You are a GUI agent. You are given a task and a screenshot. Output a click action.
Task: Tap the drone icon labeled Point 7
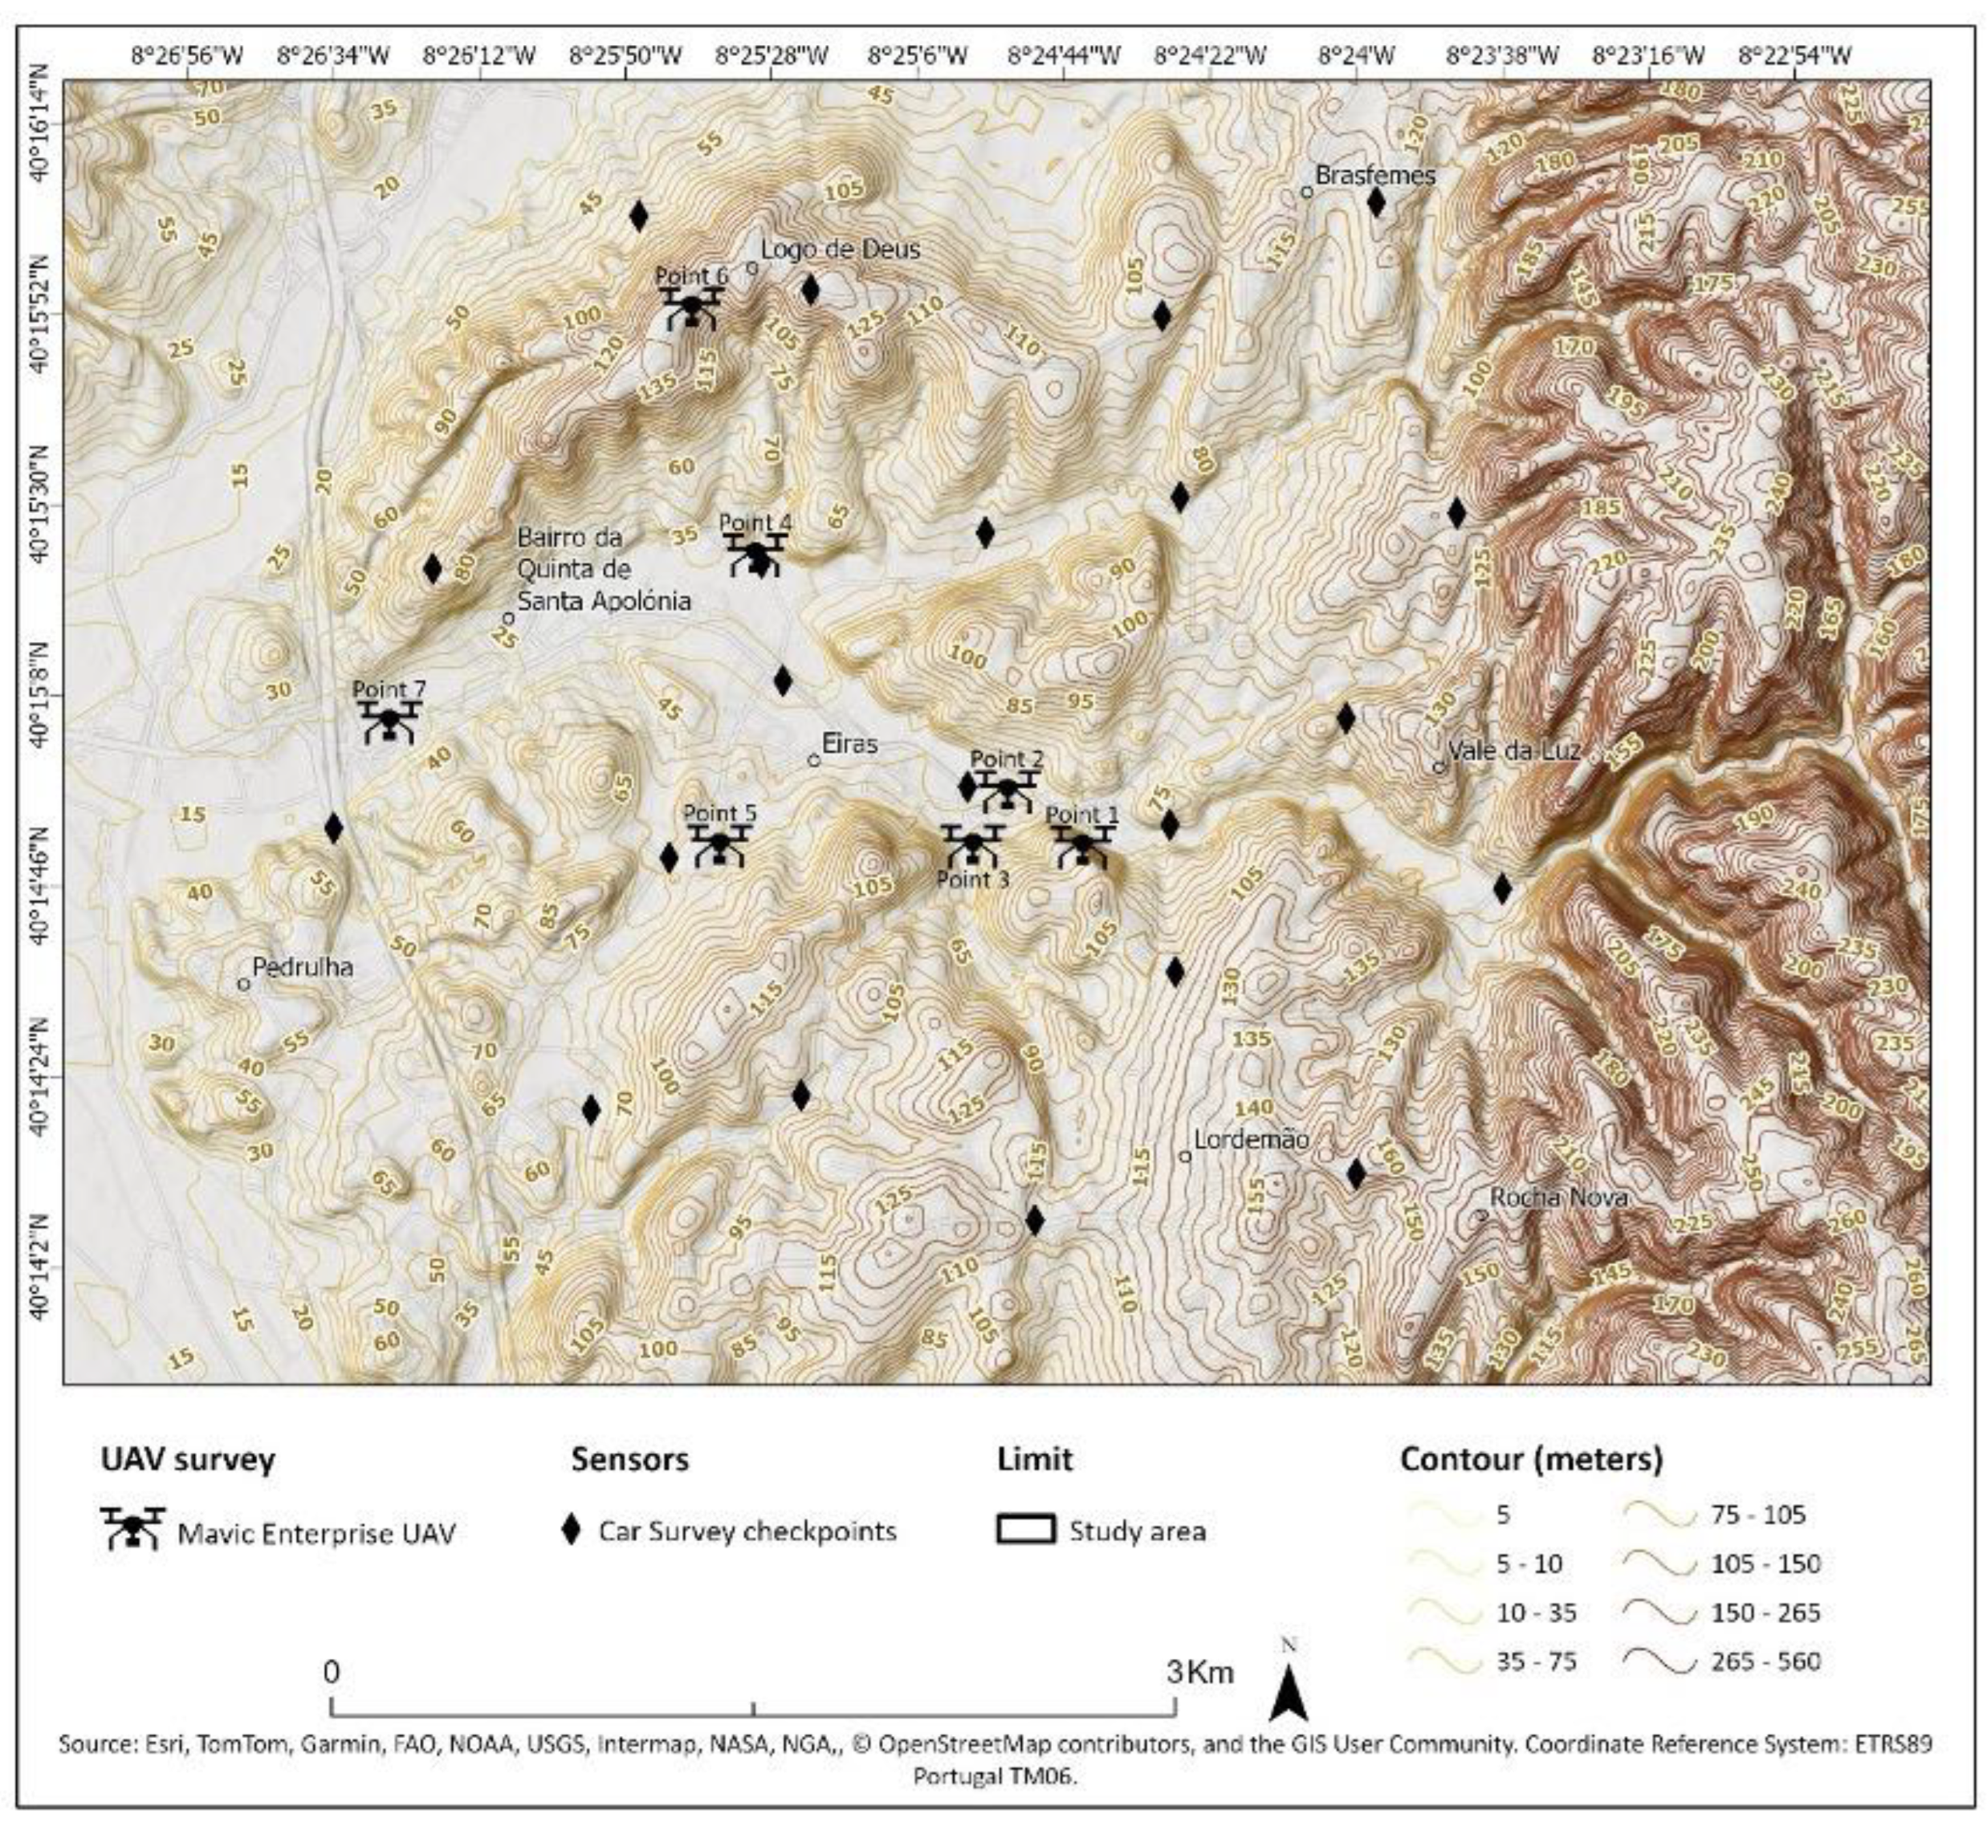[389, 721]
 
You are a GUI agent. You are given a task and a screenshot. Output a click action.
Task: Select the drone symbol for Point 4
[756, 555]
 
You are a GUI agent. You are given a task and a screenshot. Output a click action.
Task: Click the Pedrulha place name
[303, 967]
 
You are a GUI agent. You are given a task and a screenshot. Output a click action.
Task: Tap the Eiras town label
[849, 743]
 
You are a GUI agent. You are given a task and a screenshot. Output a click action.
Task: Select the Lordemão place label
[1252, 1140]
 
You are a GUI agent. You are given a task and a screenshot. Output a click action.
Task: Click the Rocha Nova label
[1558, 1198]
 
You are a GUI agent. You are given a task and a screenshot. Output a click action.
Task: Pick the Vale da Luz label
[1513, 750]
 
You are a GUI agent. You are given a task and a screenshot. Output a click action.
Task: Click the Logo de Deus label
[841, 250]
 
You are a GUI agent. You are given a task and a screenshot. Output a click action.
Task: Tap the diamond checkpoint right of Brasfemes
[1377, 202]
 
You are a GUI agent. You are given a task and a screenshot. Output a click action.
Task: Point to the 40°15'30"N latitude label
[43, 505]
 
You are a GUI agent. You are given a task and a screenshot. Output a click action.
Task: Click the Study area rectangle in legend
[1025, 1531]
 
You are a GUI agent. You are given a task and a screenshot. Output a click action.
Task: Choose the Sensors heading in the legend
[629, 1458]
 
